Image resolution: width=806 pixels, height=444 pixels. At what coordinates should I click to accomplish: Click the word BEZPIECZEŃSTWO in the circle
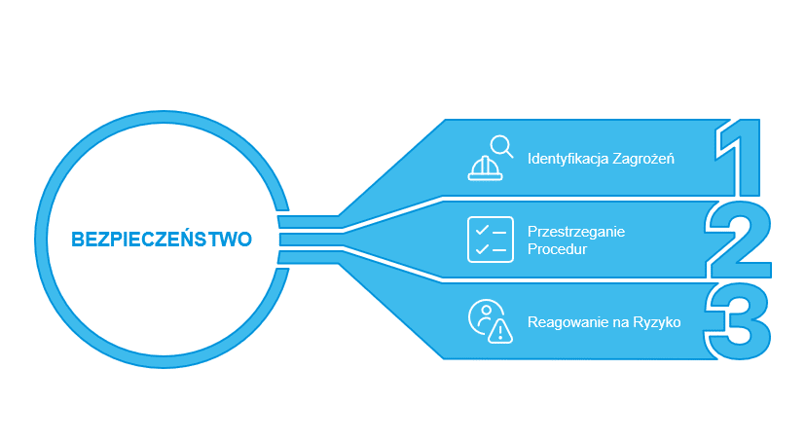[x=162, y=239]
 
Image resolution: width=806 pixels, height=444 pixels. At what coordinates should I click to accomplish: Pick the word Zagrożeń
[x=643, y=159]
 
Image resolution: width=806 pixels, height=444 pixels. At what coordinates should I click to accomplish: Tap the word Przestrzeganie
[x=576, y=232]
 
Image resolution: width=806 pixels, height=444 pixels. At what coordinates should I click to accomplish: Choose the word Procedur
[x=557, y=249]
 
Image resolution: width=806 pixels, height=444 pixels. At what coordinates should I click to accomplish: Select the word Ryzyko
[x=657, y=322]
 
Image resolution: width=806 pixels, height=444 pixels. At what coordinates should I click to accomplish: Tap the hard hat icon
[x=485, y=168]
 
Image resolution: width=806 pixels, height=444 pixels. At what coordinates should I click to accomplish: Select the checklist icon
[x=491, y=240]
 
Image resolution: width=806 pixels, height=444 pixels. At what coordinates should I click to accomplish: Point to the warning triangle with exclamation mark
[x=499, y=331]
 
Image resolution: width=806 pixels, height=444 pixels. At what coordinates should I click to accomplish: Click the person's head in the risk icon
[x=486, y=310]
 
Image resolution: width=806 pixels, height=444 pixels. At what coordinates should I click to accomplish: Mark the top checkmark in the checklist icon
[x=482, y=231]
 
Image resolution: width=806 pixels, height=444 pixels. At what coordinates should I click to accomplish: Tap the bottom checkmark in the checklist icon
[x=482, y=248]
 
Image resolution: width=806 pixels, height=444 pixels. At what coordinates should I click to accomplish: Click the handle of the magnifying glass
[x=509, y=153]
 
